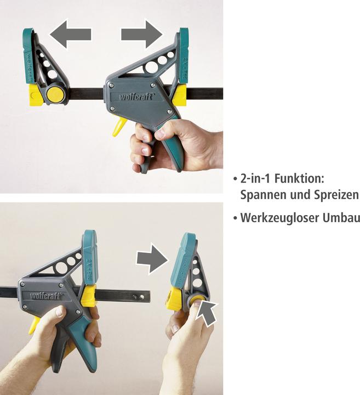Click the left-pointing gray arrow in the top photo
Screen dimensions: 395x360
pyautogui.click(x=70, y=35)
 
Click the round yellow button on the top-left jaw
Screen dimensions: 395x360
pyautogui.click(x=55, y=94)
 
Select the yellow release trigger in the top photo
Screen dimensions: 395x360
pyautogui.click(x=119, y=126)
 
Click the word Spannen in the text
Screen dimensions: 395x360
pyautogui.click(x=262, y=195)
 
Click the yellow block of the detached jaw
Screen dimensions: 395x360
pyautogui.click(x=175, y=300)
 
